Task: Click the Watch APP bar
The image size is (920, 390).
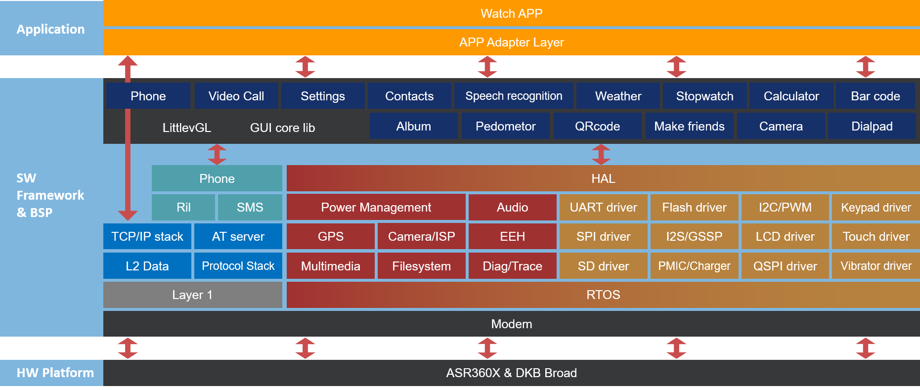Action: (x=511, y=13)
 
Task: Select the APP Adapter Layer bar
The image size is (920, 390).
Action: (x=511, y=42)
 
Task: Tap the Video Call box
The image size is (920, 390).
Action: (x=236, y=96)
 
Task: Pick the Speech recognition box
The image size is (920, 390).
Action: (x=514, y=96)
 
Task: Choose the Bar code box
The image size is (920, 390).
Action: (x=875, y=96)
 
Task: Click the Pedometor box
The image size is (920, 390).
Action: (x=505, y=126)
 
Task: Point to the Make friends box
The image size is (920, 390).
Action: (x=689, y=126)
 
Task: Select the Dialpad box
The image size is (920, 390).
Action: (x=872, y=126)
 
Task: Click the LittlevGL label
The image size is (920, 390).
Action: (x=186, y=128)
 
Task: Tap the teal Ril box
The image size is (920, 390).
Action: (x=183, y=207)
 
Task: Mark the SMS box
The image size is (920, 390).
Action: (x=250, y=207)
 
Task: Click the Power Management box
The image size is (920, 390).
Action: (x=376, y=207)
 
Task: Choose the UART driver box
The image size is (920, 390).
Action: (x=603, y=207)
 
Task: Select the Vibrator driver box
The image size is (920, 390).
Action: (x=876, y=266)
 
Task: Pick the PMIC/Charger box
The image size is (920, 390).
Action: (x=694, y=266)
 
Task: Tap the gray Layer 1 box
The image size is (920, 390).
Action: (x=192, y=295)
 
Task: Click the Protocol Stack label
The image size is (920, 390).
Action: (x=238, y=266)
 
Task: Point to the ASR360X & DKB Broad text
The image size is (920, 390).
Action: (x=511, y=373)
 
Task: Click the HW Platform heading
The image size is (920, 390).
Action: (x=55, y=373)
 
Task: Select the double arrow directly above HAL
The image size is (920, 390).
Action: (x=601, y=154)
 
